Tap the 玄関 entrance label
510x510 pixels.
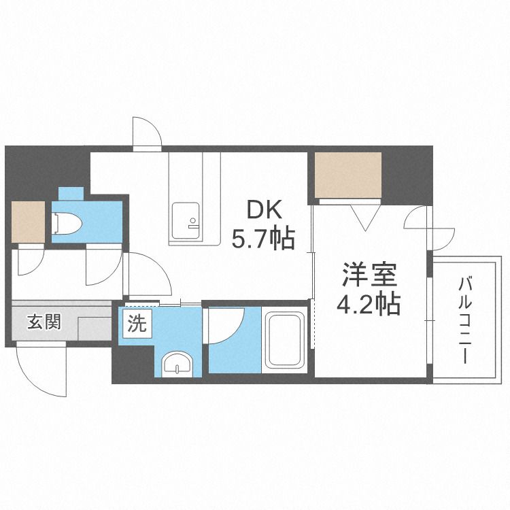click(44, 321)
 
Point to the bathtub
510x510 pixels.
click(286, 341)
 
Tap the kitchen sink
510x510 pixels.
click(185, 220)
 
